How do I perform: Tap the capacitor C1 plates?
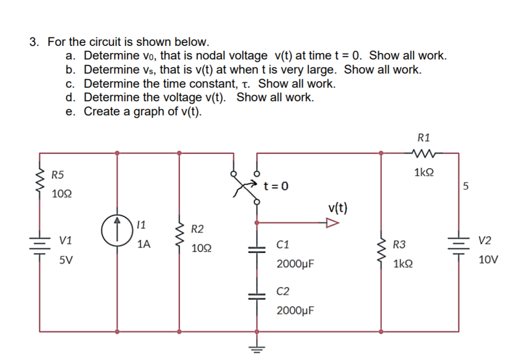[x=257, y=247]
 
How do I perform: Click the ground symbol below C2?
[x=257, y=348]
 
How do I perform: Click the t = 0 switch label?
[x=276, y=186]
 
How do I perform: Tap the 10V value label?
[x=489, y=260]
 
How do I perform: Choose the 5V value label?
[x=64, y=261]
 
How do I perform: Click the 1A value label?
[x=143, y=245]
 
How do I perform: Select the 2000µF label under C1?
[x=295, y=263]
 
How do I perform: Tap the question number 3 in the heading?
[x=33, y=42]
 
